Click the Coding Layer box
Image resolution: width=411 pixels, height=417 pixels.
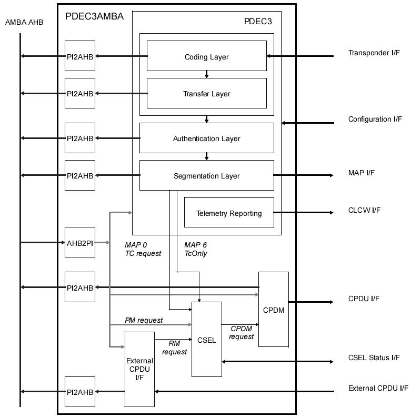[206, 56]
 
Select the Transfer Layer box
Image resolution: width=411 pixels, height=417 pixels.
[206, 93]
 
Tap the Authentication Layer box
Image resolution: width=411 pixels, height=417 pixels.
[206, 138]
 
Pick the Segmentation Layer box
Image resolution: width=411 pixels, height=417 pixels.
[206, 175]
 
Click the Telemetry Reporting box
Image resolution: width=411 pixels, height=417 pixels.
[229, 213]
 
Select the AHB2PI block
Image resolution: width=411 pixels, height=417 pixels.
[80, 242]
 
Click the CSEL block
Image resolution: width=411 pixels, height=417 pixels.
[206, 340]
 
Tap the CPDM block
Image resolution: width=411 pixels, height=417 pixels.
[273, 310]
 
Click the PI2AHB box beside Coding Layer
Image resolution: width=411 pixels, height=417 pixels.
[80, 56]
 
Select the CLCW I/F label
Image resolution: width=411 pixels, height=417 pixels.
[364, 210]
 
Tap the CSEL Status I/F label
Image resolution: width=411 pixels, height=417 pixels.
[374, 358]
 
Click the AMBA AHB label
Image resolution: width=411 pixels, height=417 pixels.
[24, 22]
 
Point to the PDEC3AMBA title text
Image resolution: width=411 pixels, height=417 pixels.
[94, 16]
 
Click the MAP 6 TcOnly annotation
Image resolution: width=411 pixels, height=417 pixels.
[196, 249]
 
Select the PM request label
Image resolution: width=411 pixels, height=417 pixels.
[144, 320]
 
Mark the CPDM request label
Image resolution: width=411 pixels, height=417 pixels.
[242, 333]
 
